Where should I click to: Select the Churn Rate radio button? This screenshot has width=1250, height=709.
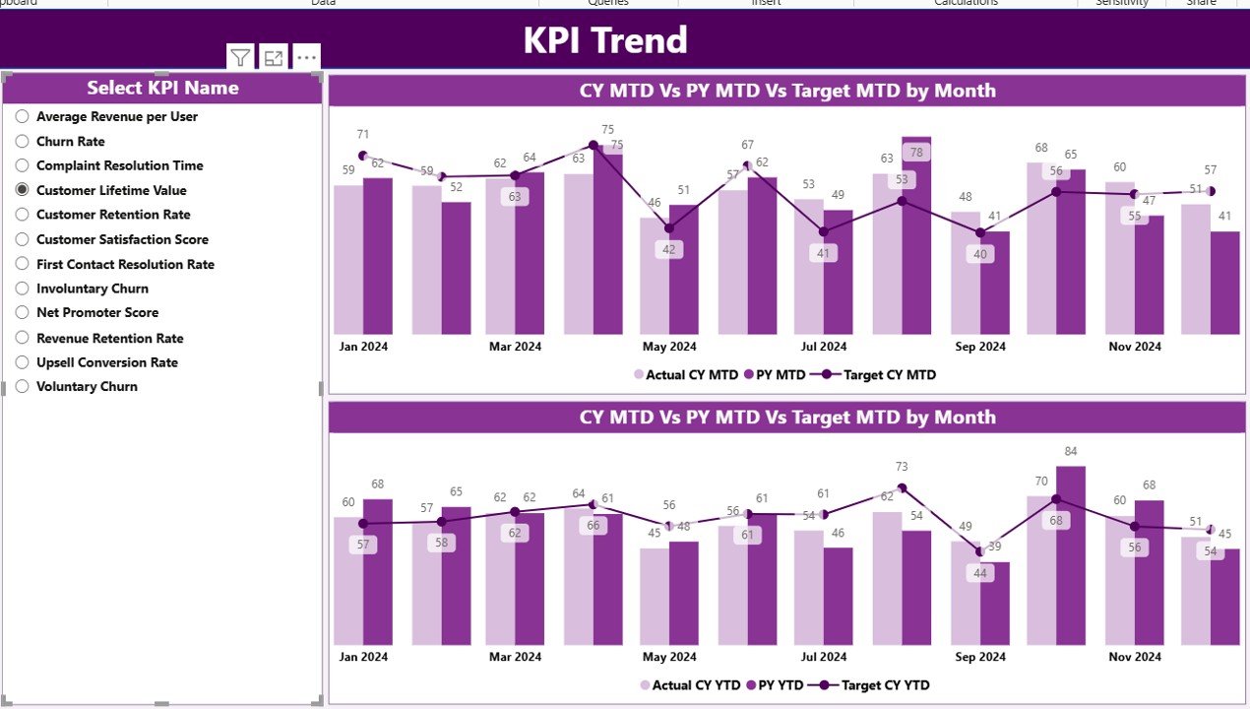pyautogui.click(x=22, y=141)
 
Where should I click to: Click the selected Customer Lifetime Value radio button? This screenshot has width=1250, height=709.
pyautogui.click(x=22, y=190)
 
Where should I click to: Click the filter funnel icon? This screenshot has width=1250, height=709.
pyautogui.click(x=240, y=58)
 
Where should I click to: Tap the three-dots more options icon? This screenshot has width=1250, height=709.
pyautogui.click(x=306, y=58)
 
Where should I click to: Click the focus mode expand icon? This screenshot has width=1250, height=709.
pyautogui.click(x=274, y=58)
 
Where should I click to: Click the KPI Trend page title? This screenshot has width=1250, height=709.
pyautogui.click(x=604, y=40)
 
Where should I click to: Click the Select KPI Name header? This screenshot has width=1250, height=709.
pyautogui.click(x=162, y=88)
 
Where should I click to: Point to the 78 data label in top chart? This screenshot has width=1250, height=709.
pyautogui.click(x=916, y=153)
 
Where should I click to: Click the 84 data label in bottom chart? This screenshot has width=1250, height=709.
pyautogui.click(x=1071, y=452)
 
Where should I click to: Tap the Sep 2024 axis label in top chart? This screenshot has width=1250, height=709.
pyautogui.click(x=979, y=347)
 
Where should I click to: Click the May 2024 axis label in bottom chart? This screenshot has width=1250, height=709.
pyautogui.click(x=669, y=657)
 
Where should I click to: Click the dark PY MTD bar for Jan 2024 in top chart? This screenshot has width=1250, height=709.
pyautogui.click(x=377, y=256)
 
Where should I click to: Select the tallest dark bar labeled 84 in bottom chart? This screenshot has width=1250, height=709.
pyautogui.click(x=1071, y=556)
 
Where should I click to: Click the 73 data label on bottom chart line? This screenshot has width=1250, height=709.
pyautogui.click(x=902, y=467)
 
